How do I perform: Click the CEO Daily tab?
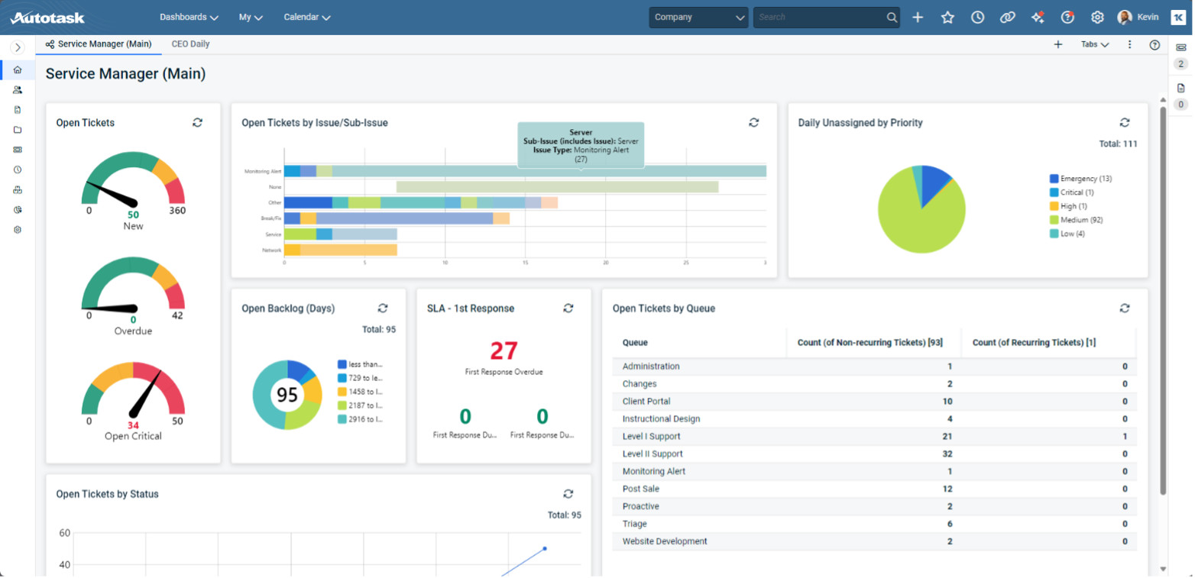pos(190,44)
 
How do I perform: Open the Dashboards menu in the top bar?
pos(189,17)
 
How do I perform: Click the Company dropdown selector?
pos(698,17)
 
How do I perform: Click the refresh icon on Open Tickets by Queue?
pos(1124,308)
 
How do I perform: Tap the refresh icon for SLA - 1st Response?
pos(568,308)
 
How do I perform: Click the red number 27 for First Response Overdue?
pos(504,350)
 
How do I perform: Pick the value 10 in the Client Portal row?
pos(947,402)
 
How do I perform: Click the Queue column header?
pos(635,343)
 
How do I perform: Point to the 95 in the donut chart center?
pos(287,395)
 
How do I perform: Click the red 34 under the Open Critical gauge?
pos(133,425)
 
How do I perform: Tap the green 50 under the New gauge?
pos(133,215)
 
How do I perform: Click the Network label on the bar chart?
pos(272,250)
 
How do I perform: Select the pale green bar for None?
pos(557,187)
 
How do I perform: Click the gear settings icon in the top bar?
pos(1097,17)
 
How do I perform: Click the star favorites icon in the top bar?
pos(947,17)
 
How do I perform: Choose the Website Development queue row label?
pos(665,541)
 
